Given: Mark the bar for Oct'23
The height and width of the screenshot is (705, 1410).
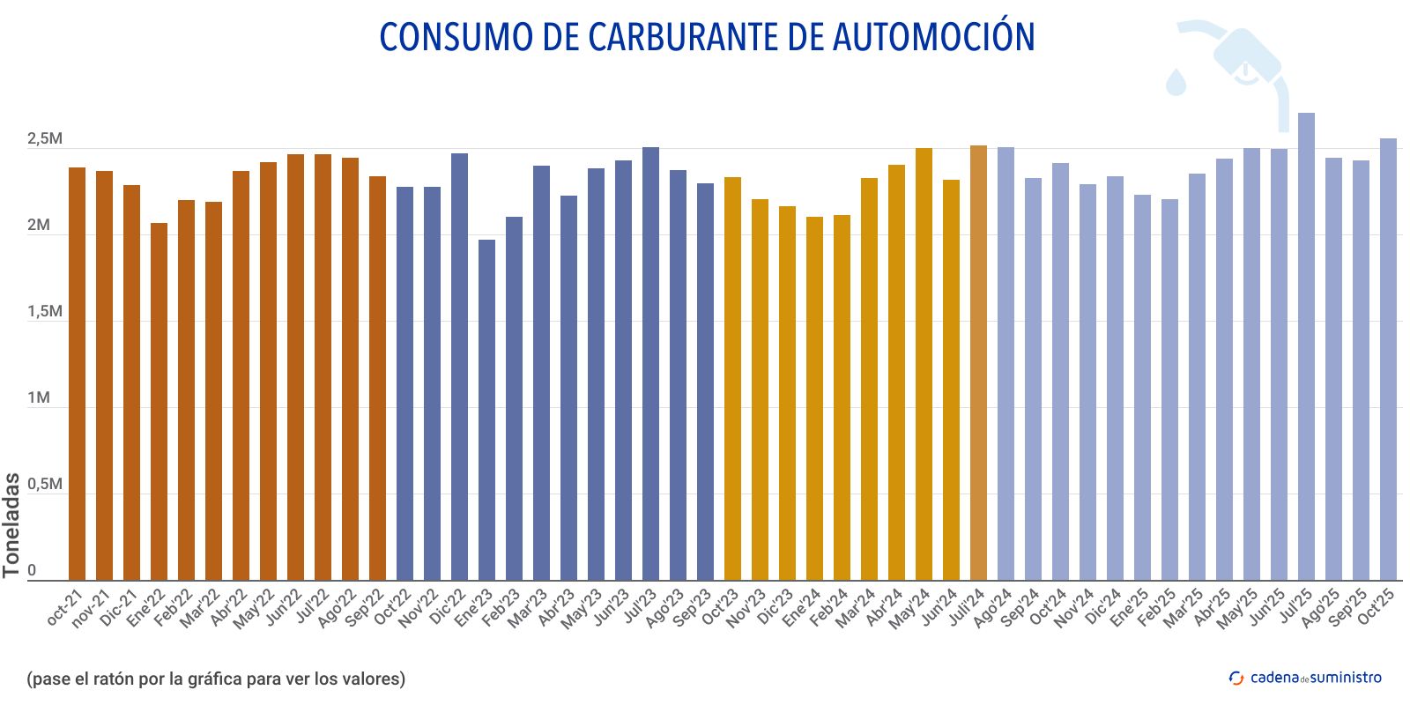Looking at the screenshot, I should pos(732,379).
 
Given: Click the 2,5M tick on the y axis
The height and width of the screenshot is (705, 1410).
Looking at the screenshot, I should pos(44,139).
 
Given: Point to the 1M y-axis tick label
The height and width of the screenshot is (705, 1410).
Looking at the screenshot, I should pos(39,398).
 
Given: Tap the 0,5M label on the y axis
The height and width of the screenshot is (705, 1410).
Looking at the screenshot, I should pos(44,485).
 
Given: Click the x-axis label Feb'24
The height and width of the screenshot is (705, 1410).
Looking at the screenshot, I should pos(828,608).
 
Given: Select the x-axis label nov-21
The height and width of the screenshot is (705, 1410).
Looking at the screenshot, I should pos(91,608).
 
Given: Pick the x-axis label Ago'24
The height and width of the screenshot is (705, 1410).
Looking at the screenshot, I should pos(992,608).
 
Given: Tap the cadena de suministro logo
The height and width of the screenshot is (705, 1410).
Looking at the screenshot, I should pos(1305,678).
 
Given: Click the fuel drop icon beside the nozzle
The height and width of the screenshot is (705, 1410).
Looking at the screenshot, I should pos(1176,81).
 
